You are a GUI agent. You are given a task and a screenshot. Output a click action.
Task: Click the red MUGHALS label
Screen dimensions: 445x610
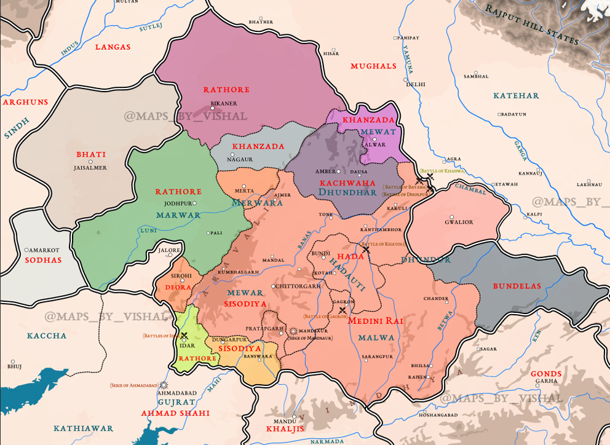click(x=373, y=66)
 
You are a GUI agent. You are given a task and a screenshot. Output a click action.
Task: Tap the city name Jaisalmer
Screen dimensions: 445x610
click(x=90, y=168)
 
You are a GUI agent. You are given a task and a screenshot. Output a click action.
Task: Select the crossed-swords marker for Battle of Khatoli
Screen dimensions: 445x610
click(x=366, y=250)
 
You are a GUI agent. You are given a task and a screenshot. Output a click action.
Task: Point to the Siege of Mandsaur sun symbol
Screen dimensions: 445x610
click(x=293, y=331)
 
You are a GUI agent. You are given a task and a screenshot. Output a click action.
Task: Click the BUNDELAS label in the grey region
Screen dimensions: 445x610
click(x=517, y=286)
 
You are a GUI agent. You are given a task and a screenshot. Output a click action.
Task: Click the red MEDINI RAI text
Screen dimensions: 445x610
click(x=376, y=321)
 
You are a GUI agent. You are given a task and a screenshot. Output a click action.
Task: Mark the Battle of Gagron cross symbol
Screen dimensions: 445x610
click(x=343, y=310)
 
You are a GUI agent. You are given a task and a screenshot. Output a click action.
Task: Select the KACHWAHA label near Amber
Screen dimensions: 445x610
click(x=347, y=183)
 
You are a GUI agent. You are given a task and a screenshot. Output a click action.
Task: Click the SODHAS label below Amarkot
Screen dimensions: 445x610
click(x=44, y=260)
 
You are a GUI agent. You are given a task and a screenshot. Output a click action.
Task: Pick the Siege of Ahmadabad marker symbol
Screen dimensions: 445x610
click(x=164, y=385)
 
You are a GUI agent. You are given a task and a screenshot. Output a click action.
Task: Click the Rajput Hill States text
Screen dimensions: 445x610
click(x=533, y=25)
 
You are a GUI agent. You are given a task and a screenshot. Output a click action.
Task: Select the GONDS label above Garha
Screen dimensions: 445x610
click(x=546, y=374)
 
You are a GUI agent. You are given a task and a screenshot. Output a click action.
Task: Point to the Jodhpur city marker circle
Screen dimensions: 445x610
click(x=194, y=203)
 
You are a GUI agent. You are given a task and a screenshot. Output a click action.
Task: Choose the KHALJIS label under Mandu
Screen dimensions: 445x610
click(x=285, y=429)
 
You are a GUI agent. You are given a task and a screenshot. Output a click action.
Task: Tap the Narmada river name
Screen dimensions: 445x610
click(x=327, y=441)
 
